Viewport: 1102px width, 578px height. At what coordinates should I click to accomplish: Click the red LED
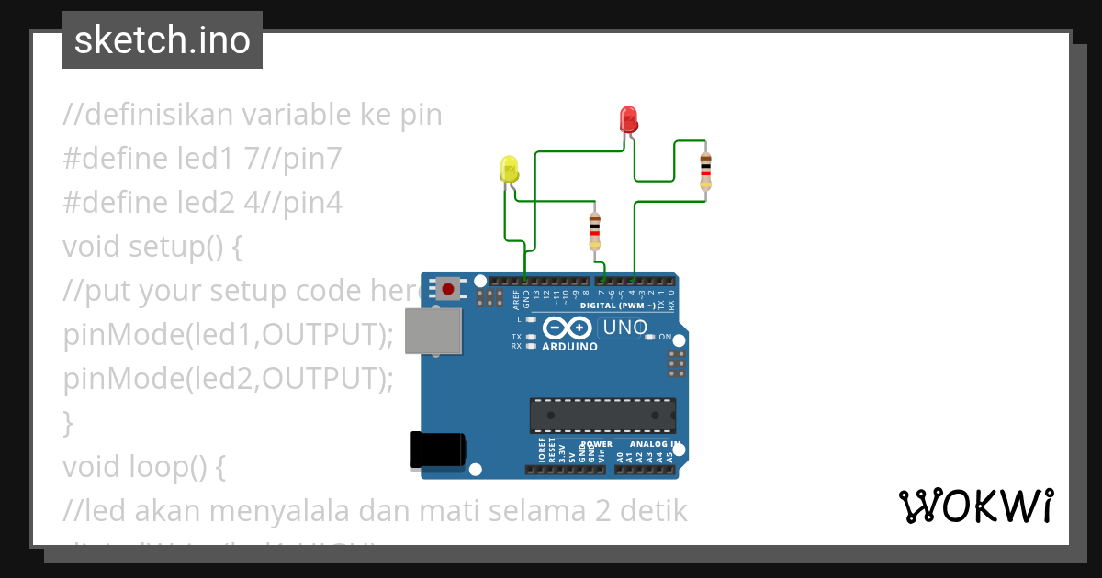point(629,118)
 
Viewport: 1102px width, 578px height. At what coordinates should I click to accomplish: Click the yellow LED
point(509,169)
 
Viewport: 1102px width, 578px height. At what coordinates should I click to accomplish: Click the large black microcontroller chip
point(602,416)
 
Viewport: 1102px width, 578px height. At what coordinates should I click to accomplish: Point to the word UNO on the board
point(624,328)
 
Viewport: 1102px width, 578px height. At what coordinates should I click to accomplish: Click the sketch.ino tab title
point(163,40)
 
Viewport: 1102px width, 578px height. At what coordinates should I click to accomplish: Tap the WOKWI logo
point(976,506)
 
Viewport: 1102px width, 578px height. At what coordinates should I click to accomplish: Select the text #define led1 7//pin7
point(202,159)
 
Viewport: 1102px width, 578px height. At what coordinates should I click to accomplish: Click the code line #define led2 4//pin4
point(202,203)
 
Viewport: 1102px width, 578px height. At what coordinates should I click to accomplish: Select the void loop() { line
point(143,467)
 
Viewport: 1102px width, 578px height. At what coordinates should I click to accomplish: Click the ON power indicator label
point(665,337)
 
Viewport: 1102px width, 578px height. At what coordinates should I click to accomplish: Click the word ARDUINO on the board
point(569,348)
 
